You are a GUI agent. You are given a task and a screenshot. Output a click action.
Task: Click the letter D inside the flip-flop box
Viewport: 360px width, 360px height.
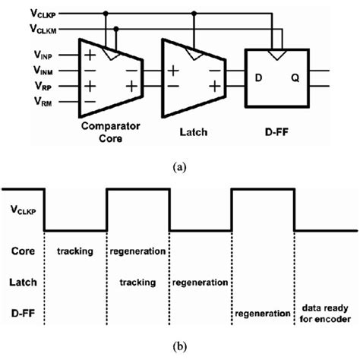(x=257, y=78)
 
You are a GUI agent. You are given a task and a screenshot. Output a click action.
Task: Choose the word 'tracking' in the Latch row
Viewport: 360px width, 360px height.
(x=137, y=283)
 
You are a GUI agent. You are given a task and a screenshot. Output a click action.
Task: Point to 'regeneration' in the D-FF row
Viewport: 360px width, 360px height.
(x=262, y=313)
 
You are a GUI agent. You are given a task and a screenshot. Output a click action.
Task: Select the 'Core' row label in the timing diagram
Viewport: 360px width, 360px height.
(x=25, y=250)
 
